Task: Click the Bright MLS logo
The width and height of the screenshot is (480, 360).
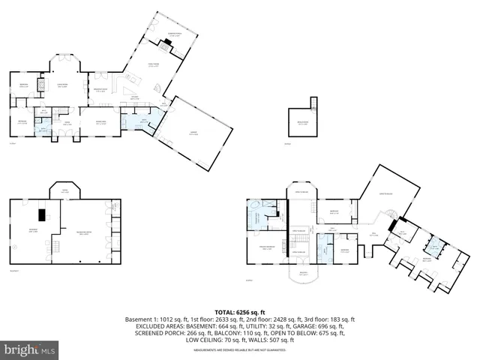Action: [30, 349]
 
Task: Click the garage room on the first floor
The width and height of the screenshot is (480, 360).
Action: [193, 134]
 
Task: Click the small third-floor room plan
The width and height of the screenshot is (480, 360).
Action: [303, 122]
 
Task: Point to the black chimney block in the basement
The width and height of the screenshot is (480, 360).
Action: [44, 216]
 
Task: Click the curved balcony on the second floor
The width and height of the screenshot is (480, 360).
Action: [304, 276]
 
